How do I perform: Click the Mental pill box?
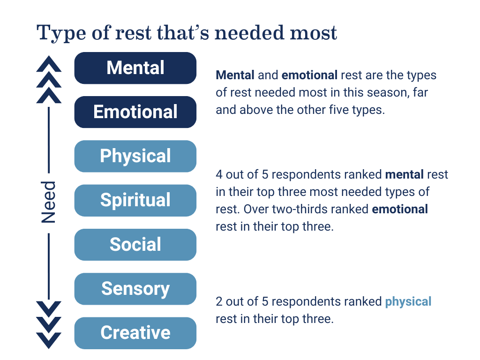tap(135, 68)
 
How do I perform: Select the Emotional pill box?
tap(135, 112)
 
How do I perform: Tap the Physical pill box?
tap(135, 156)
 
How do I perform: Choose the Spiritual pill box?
tap(135, 201)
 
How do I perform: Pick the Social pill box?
tap(135, 245)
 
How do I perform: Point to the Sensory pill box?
tap(135, 289)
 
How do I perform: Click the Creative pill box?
tap(135, 333)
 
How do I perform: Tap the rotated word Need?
tap(48, 202)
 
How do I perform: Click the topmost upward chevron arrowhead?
tap(49, 64)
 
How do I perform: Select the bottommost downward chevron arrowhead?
tap(49, 340)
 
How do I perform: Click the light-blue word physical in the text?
tap(408, 302)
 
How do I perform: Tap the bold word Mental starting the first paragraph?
tap(235, 75)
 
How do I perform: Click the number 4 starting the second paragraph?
tap(219, 174)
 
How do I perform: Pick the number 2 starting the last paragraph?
tap(219, 301)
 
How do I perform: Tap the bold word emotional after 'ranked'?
tap(400, 209)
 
